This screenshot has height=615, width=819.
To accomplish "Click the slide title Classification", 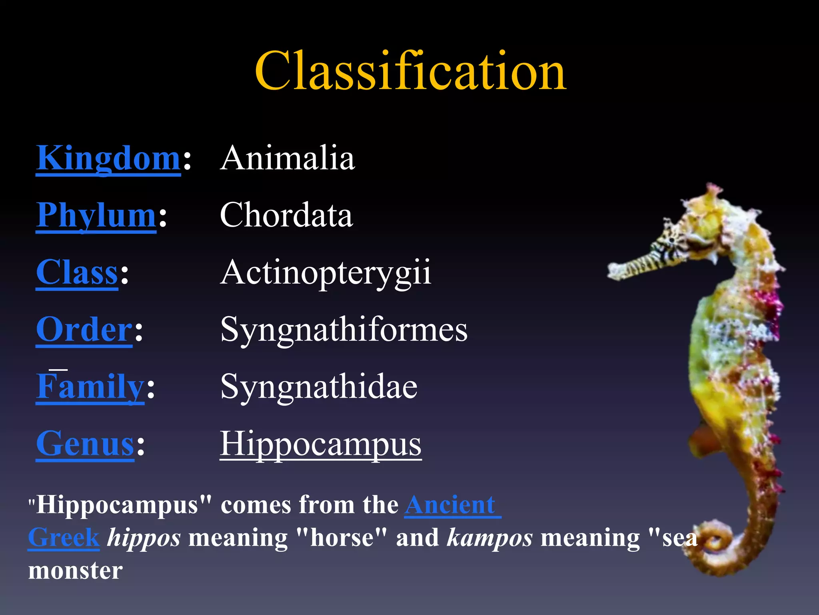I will point(410,71).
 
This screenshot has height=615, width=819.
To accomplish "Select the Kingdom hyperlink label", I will point(108,159).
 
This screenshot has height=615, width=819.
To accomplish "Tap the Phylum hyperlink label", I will point(96,215).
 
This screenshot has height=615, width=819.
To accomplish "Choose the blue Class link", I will point(77,272).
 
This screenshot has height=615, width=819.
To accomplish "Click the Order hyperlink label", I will point(84,330).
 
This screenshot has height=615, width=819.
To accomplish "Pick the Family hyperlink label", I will point(90,386).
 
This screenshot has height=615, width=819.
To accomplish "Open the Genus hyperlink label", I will point(85,444).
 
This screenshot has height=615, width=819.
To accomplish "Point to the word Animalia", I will point(287,158).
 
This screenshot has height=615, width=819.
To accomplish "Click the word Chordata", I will point(286,215).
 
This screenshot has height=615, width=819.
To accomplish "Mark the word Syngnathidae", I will point(319,387).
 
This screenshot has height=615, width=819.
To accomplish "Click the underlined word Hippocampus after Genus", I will point(321,444).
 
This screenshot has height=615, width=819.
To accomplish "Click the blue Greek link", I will point(64,537).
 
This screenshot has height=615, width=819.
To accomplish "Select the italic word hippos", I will point(144,538).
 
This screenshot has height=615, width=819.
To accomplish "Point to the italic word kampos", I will point(489,538).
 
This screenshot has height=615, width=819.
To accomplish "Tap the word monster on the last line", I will point(75,570).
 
